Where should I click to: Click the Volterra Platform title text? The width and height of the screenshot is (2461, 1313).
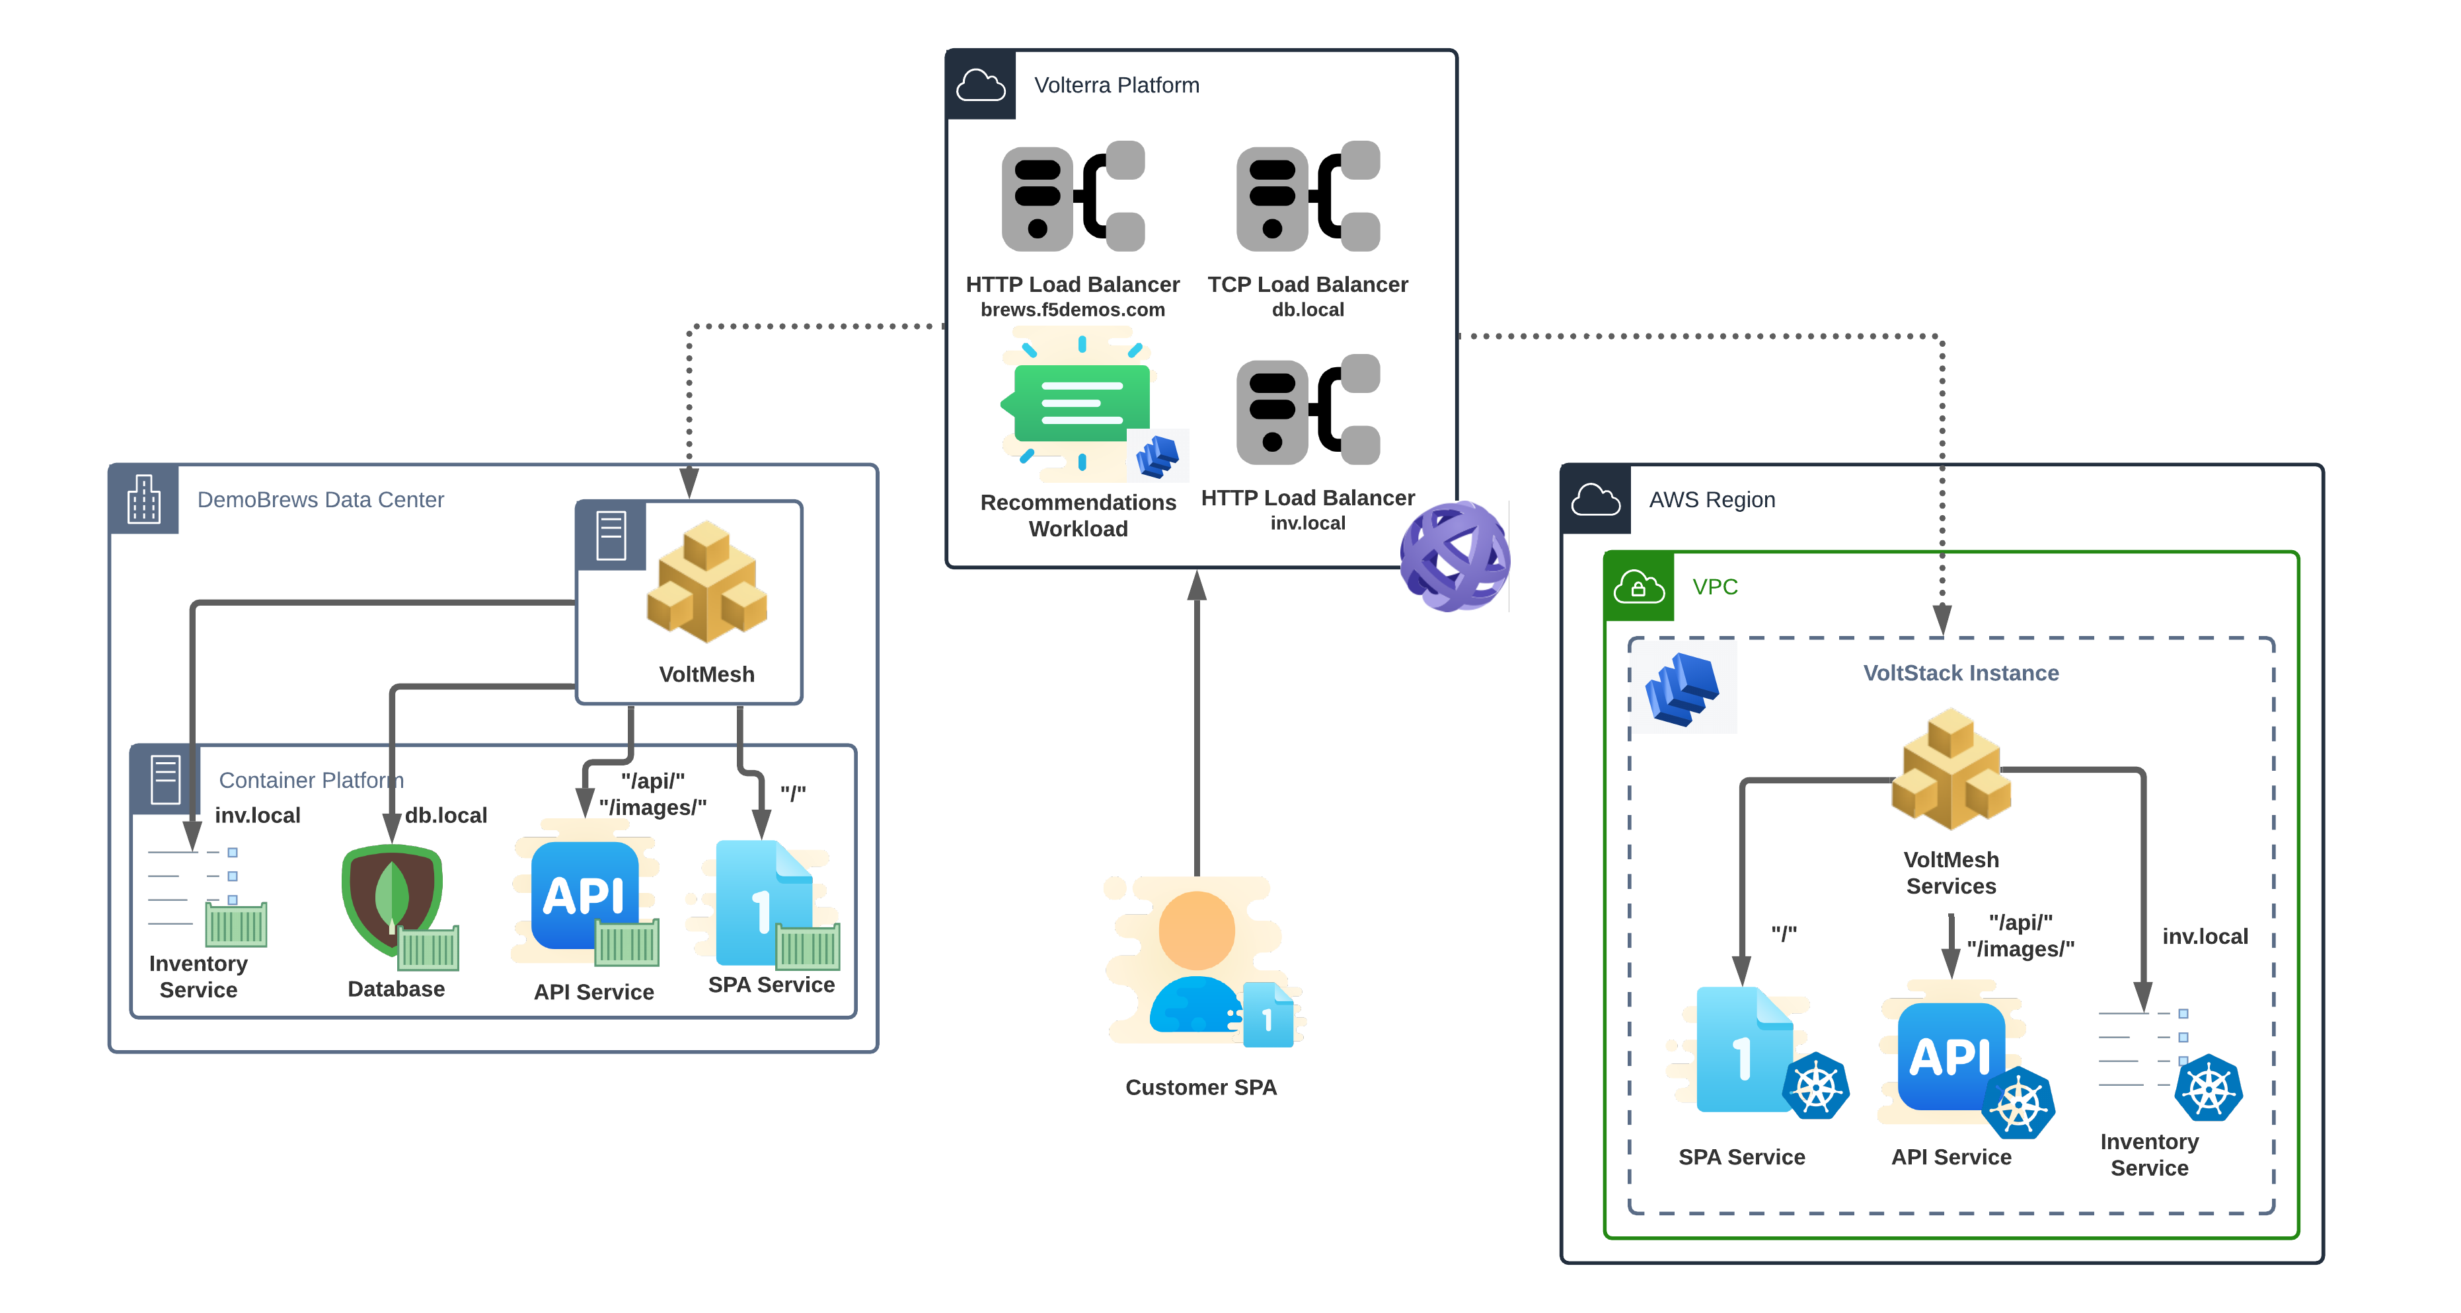pos(1116,85)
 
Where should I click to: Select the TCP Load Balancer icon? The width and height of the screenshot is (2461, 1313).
pos(1308,197)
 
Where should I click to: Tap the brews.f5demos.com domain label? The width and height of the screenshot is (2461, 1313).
pos(1072,309)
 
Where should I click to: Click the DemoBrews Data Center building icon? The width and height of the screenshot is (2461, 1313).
pos(144,499)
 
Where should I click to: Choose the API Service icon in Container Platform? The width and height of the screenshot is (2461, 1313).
pos(586,897)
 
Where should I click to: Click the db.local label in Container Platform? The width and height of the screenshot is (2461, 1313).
pos(445,814)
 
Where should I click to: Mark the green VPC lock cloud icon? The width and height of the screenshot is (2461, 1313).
pos(1638,586)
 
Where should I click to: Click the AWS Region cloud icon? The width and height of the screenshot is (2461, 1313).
pos(1595,499)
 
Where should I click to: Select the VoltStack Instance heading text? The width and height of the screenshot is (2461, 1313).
pos(1960,672)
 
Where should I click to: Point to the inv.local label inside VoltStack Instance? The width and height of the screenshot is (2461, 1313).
pos(2205,936)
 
